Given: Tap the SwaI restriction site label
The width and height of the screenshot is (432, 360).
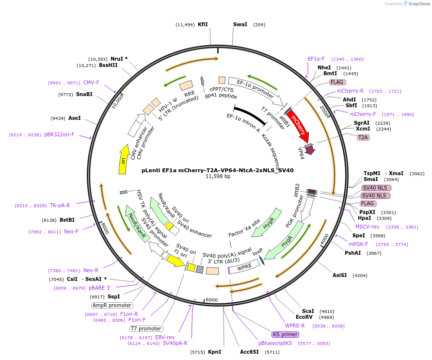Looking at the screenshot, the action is pyautogui.click(x=240, y=25).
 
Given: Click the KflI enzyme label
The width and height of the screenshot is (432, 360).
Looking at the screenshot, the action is pyautogui.click(x=203, y=25).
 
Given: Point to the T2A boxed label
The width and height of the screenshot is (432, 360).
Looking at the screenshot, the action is pyautogui.click(x=363, y=137).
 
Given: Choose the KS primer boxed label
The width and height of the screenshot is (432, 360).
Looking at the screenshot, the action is pyautogui.click(x=285, y=334).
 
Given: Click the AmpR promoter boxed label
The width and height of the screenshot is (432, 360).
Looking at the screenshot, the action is pyautogui.click(x=112, y=306).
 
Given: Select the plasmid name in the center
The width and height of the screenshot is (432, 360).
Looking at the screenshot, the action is pyautogui.click(x=217, y=170).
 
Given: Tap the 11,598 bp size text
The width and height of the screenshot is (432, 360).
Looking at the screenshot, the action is pyautogui.click(x=218, y=177).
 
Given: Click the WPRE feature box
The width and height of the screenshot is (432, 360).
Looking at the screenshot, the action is pyautogui.click(x=244, y=266).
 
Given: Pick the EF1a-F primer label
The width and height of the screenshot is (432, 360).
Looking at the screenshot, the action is pyautogui.click(x=316, y=59).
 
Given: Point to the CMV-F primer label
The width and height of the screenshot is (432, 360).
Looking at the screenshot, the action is pyautogui.click(x=91, y=82).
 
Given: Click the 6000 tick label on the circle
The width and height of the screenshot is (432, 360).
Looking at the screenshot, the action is pyautogui.click(x=211, y=300).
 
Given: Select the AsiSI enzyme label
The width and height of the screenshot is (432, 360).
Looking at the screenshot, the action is pyautogui.click(x=340, y=275).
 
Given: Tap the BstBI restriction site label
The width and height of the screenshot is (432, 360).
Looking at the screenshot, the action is pyautogui.click(x=67, y=220).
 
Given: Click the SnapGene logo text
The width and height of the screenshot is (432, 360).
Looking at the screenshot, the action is pyautogui.click(x=419, y=4).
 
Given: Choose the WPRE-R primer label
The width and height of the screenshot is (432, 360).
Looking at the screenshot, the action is pyautogui.click(x=295, y=326).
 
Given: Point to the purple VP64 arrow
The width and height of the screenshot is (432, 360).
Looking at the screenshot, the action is pyautogui.click(x=310, y=149).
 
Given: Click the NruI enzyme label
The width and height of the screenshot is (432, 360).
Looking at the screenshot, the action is pyautogui.click(x=117, y=59).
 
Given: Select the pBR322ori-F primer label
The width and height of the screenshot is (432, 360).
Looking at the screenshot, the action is pyautogui.click(x=59, y=134).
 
